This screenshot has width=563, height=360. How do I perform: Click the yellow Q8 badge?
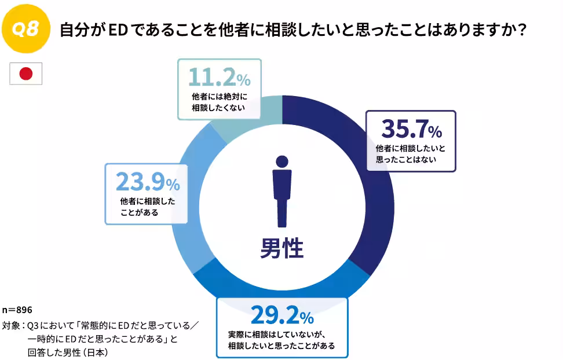click(x=26, y=29)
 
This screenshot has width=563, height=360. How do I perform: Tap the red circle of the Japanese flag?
click(x=26, y=74)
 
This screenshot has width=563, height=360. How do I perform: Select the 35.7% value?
click(x=411, y=128)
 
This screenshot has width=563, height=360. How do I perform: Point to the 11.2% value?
click(x=220, y=77)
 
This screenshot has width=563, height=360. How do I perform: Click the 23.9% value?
click(x=148, y=182)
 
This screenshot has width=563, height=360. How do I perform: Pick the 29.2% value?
click(x=282, y=315)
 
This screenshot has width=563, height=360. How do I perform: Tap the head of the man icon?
click(x=282, y=161)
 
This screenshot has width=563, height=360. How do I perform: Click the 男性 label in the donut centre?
click(x=282, y=248)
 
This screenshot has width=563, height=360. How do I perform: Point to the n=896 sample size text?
click(x=17, y=310)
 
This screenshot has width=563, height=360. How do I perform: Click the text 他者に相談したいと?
click(x=411, y=148)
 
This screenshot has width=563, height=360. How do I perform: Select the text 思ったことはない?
click(x=406, y=159)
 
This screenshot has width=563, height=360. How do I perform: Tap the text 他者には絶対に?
click(x=220, y=97)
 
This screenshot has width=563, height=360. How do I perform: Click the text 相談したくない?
click(x=218, y=108)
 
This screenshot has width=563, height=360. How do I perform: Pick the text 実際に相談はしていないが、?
click(x=277, y=335)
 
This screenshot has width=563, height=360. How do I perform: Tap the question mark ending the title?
click(x=522, y=30)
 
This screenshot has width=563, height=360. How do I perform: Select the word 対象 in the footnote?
click(x=11, y=326)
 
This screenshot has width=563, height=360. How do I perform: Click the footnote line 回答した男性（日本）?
click(x=68, y=352)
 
